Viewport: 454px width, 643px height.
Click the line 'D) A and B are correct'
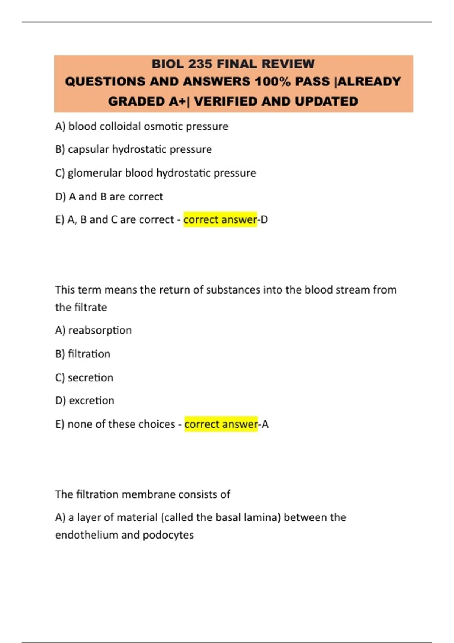[x=109, y=197]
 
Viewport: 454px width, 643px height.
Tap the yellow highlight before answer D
[x=220, y=220]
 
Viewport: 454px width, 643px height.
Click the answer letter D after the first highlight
[x=264, y=220]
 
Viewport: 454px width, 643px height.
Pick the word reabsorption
[x=100, y=331]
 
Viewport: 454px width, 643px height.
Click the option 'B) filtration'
[x=83, y=354]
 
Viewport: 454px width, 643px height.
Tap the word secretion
[x=90, y=377]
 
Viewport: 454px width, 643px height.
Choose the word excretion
[x=91, y=401]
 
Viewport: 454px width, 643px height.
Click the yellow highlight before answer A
[x=221, y=424]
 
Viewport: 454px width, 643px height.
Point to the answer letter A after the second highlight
[x=265, y=424]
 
